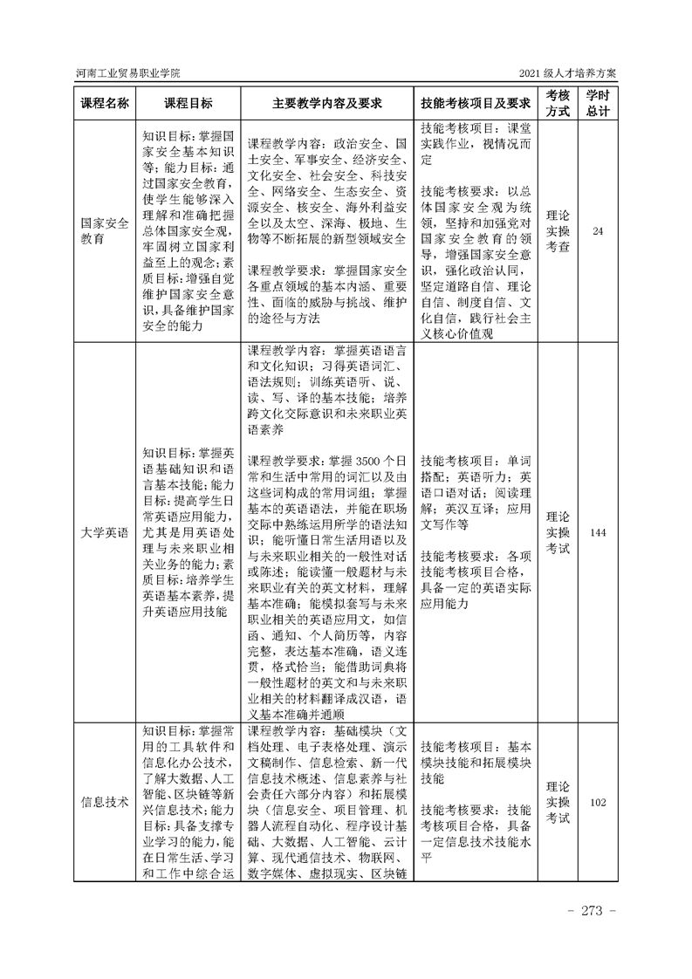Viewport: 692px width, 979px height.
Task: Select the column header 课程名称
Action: (105, 103)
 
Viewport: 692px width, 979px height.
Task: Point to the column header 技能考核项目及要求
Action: (476, 103)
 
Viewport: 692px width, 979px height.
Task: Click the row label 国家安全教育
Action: (105, 231)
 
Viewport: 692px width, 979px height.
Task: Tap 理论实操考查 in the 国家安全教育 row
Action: (558, 231)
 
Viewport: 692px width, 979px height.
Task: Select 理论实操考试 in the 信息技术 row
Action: (558, 802)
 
